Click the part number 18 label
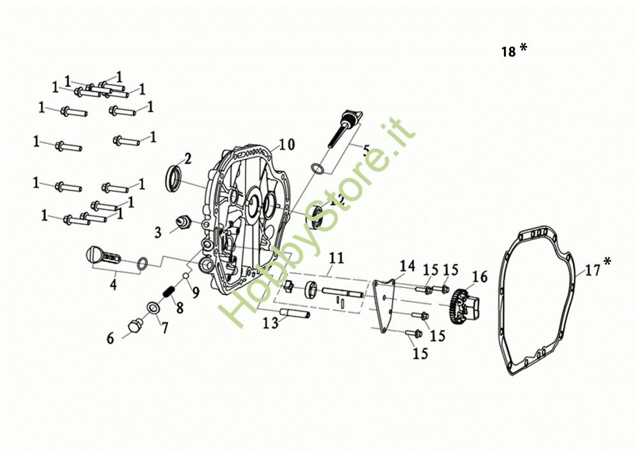pyautogui.click(x=508, y=52)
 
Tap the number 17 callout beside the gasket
pyautogui.click(x=593, y=270)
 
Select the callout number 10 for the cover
pyautogui.click(x=286, y=145)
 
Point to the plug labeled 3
pyautogui.click(x=184, y=222)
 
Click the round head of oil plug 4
pyautogui.click(x=94, y=256)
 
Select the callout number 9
pyautogui.click(x=195, y=293)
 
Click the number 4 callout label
pyautogui.click(x=113, y=284)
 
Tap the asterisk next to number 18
pyautogui.click(x=523, y=48)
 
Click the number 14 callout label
pyautogui.click(x=407, y=265)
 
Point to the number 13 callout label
pyautogui.click(x=271, y=323)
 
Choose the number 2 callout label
pyautogui.click(x=188, y=158)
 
